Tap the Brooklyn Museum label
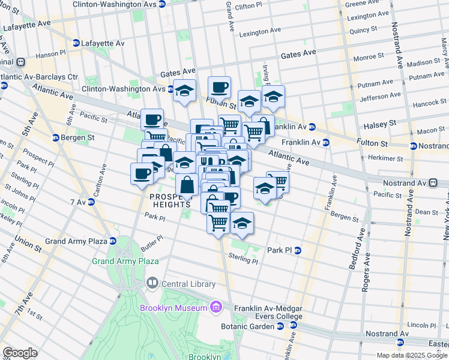pos(174,308)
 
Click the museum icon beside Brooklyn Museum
pos(217,308)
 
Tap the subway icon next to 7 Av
pos(91,202)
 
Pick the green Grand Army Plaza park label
pos(125,261)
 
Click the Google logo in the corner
pos(20,352)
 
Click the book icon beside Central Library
pos(152,283)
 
